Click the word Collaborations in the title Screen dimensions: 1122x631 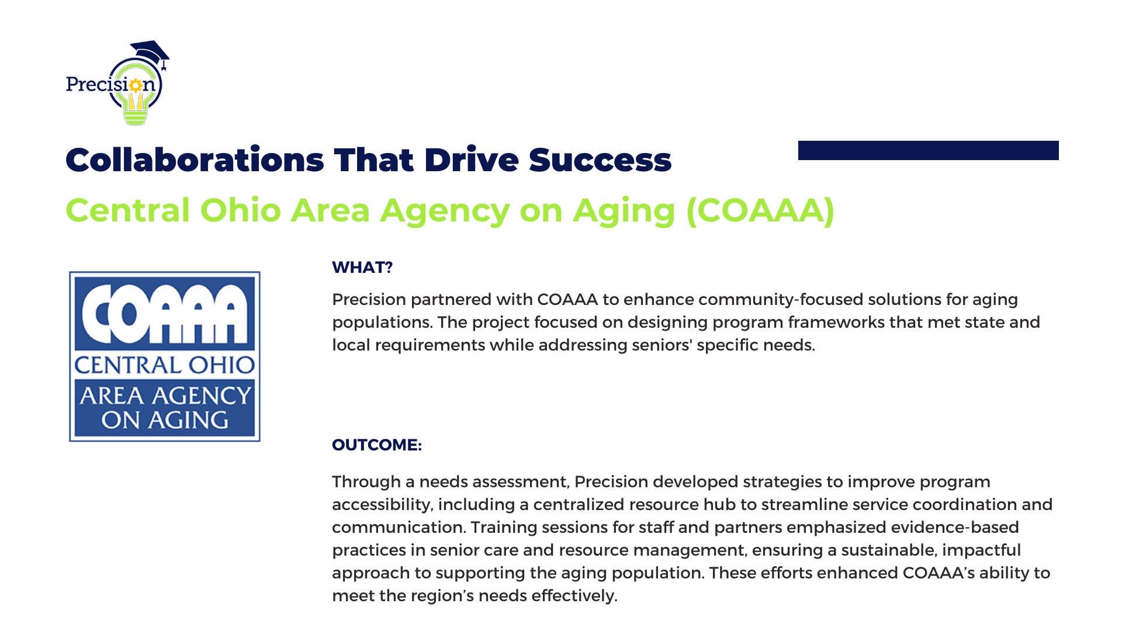[195, 160]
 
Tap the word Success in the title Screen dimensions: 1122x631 [600, 160]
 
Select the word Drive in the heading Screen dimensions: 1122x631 [472, 160]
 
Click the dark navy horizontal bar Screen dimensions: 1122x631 [929, 150]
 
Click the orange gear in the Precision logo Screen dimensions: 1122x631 [136, 85]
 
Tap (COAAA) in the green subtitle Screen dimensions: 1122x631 [760, 210]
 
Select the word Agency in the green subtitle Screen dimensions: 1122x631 [445, 212]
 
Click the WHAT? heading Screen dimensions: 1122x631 [362, 268]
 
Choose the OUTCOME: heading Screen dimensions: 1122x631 [377, 445]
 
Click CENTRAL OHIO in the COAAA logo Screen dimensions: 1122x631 [165, 365]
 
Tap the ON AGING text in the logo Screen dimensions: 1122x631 [165, 420]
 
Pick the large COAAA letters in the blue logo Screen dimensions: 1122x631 [165, 313]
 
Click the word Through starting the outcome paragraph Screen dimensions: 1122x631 [366, 482]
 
